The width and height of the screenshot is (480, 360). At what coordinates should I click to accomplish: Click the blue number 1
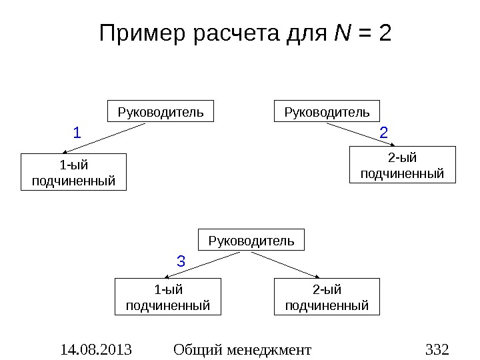(77, 133)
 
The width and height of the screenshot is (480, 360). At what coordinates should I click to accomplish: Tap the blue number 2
(383, 133)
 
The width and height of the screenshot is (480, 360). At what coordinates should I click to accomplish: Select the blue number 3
(181, 261)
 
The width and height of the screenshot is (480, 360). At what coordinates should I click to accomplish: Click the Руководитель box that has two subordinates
(251, 240)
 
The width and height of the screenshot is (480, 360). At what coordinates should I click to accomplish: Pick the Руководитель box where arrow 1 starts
(161, 111)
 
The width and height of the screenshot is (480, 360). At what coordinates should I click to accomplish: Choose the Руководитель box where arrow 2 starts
(327, 111)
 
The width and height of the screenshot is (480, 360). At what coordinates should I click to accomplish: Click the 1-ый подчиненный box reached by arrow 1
(73, 172)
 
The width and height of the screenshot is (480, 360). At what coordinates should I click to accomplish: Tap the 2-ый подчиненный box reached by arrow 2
(402, 165)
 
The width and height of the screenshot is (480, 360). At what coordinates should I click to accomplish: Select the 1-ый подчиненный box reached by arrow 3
(168, 297)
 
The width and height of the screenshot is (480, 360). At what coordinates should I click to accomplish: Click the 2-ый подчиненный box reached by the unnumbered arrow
(327, 297)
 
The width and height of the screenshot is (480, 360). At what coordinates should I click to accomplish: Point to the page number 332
(437, 349)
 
